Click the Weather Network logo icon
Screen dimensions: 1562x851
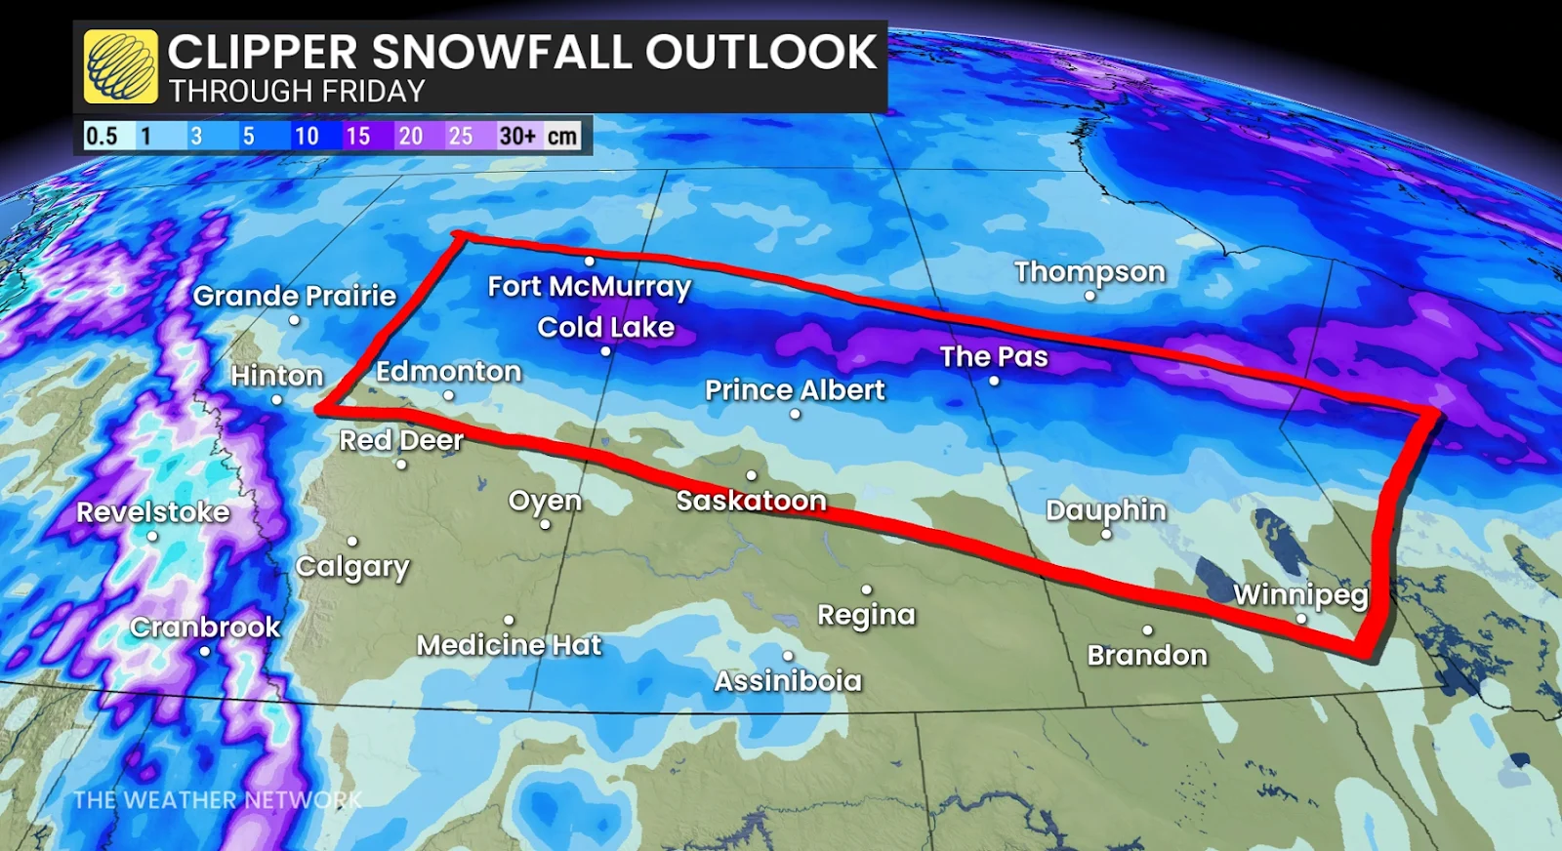(120, 66)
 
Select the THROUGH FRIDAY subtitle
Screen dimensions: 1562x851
(297, 92)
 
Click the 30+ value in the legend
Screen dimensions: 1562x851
(517, 136)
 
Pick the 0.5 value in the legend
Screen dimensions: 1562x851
(102, 136)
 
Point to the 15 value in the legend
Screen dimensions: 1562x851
(358, 136)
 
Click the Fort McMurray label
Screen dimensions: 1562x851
(589, 287)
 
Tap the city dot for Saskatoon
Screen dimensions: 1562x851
(751, 475)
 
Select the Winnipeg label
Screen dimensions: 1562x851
(1300, 594)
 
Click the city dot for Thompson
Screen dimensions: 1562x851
(1089, 296)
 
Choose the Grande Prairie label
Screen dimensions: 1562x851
(295, 296)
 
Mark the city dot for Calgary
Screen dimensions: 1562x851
(352, 541)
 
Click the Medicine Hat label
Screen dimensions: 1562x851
(509, 645)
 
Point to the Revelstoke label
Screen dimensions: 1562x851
(153, 512)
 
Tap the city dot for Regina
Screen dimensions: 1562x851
(866, 589)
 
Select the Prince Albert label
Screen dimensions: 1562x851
(795, 390)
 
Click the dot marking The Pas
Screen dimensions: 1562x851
(994, 381)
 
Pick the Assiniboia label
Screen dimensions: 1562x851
(788, 681)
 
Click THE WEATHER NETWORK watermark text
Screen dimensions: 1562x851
(217, 800)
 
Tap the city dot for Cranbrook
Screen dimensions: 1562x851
(205, 651)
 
